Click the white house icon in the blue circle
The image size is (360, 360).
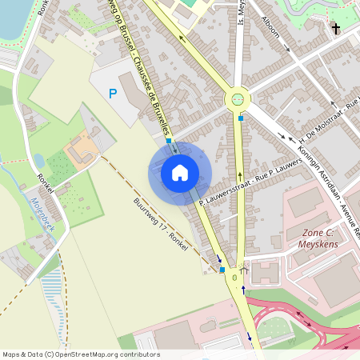[180, 171]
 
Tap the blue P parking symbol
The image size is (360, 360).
[113, 94]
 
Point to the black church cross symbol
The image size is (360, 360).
[335, 30]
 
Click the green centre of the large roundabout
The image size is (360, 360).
[238, 100]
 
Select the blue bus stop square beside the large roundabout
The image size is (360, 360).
[241, 119]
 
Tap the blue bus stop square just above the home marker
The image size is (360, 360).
[168, 141]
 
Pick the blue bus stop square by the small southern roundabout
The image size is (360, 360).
[222, 270]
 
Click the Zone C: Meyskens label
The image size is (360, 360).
[318, 238]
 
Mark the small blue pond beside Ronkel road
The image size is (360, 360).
[38, 160]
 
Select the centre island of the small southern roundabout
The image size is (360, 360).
[234, 277]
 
